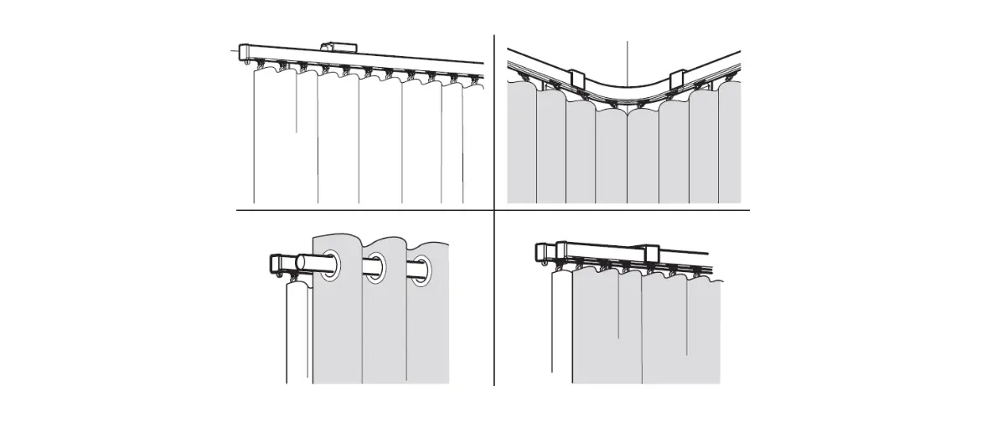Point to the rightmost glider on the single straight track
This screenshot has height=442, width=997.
coord(474,80)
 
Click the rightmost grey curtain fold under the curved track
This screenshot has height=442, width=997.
coord(730,146)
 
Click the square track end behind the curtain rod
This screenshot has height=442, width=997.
coord(276,263)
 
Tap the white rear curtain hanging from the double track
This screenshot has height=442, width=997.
coord(561,326)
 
